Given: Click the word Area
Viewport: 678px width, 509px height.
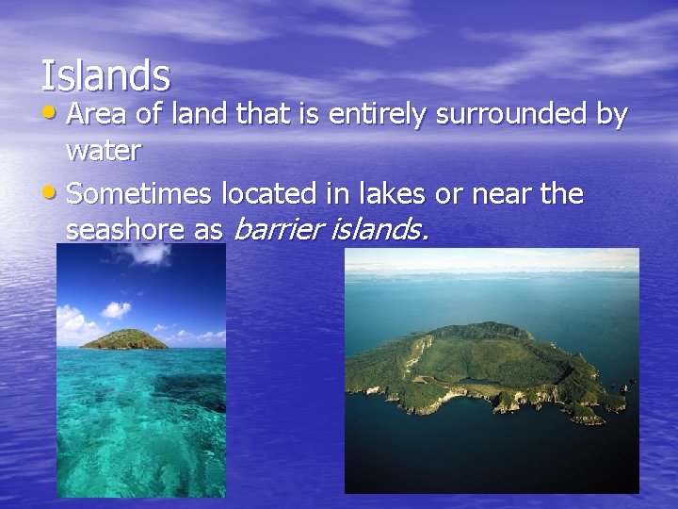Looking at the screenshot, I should (100, 115).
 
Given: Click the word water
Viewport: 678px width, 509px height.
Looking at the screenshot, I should (104, 149).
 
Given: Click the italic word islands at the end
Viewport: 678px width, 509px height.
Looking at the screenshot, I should (377, 228).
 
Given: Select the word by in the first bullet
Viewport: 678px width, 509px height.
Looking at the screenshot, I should (613, 115).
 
